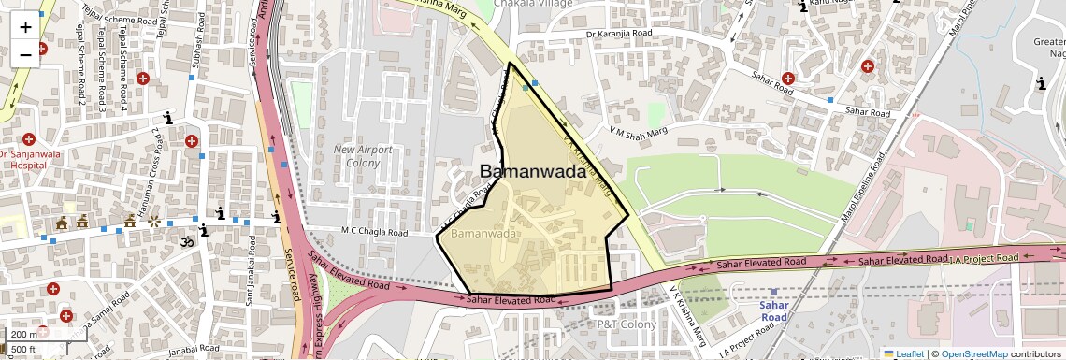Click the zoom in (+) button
(25, 26)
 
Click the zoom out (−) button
(25, 54)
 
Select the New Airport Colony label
(357, 156)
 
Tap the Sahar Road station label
(773, 310)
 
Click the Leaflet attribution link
(903, 353)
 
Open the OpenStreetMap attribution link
(973, 353)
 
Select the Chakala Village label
(514, 4)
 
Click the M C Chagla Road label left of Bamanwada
(374, 232)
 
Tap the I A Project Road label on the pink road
(984, 258)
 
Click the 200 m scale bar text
(21, 334)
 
